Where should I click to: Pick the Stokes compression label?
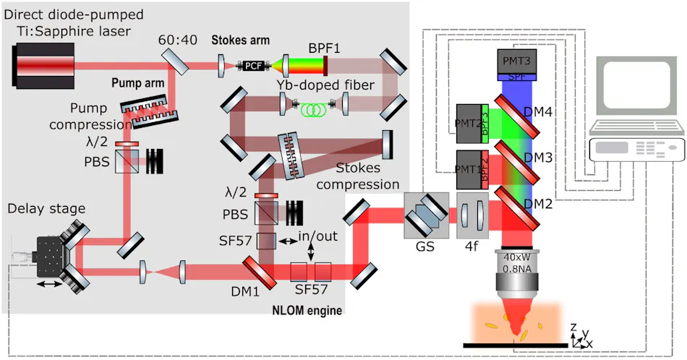point(369,176)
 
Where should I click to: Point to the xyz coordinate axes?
point(581,335)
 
